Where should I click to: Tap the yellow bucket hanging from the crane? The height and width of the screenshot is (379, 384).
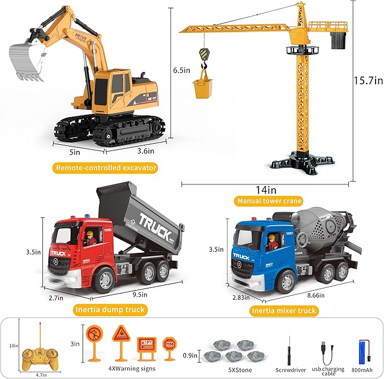tap(202, 89)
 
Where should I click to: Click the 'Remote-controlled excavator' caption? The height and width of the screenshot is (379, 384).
tap(106, 167)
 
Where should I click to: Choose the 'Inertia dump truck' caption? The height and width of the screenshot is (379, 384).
tap(110, 309)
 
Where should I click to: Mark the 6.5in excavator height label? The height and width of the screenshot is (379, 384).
tap(181, 70)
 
